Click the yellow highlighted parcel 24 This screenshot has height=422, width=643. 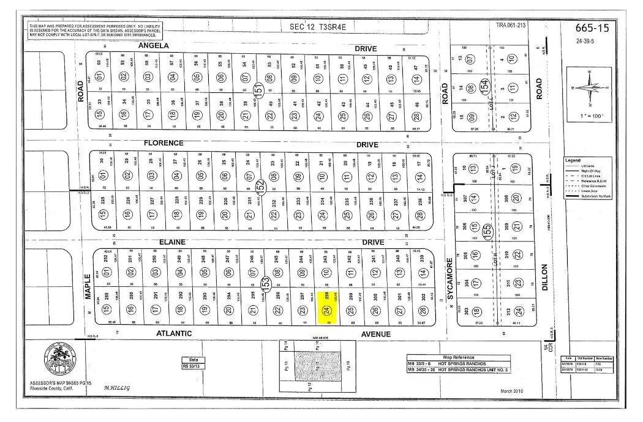[x=328, y=304]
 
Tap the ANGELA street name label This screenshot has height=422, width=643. [x=153, y=46]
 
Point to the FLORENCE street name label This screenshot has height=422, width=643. [x=163, y=143]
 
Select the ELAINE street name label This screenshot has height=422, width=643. [x=172, y=242]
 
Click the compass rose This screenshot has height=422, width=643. [x=590, y=88]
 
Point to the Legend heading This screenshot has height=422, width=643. [x=574, y=160]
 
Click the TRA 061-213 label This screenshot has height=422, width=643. [x=511, y=25]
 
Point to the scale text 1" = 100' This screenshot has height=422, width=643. [x=590, y=116]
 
